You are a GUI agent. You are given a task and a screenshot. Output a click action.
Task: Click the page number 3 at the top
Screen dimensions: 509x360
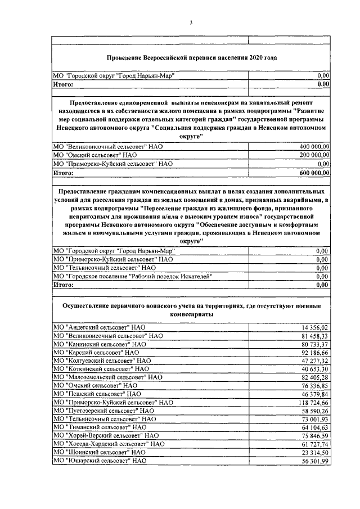191,22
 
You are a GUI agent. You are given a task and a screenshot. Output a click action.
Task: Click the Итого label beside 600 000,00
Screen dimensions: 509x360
63,173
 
